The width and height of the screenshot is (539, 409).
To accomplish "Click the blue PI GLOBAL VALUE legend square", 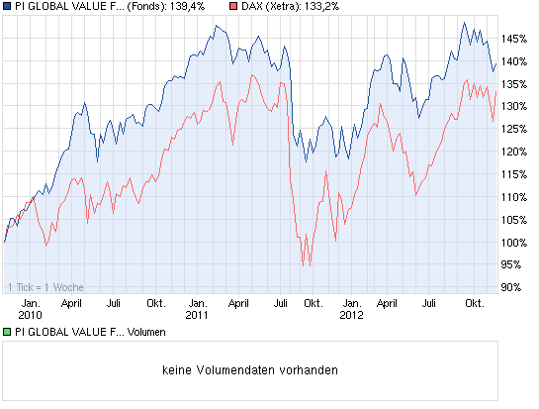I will (8, 6).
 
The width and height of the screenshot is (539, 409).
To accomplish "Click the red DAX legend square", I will (232, 6).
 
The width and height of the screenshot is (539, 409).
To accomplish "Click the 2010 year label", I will (31, 316).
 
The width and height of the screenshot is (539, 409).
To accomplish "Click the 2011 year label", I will (197, 316).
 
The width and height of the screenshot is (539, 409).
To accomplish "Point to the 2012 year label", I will (352, 316).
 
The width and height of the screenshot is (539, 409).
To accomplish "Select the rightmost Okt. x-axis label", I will (473, 303).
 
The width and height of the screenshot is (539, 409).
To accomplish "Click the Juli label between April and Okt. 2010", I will (114, 303).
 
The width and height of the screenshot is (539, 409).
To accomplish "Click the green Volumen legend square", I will (8, 332).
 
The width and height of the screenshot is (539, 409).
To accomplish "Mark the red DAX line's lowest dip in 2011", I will (306, 264).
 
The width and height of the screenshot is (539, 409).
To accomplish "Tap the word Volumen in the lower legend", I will (149, 332).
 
